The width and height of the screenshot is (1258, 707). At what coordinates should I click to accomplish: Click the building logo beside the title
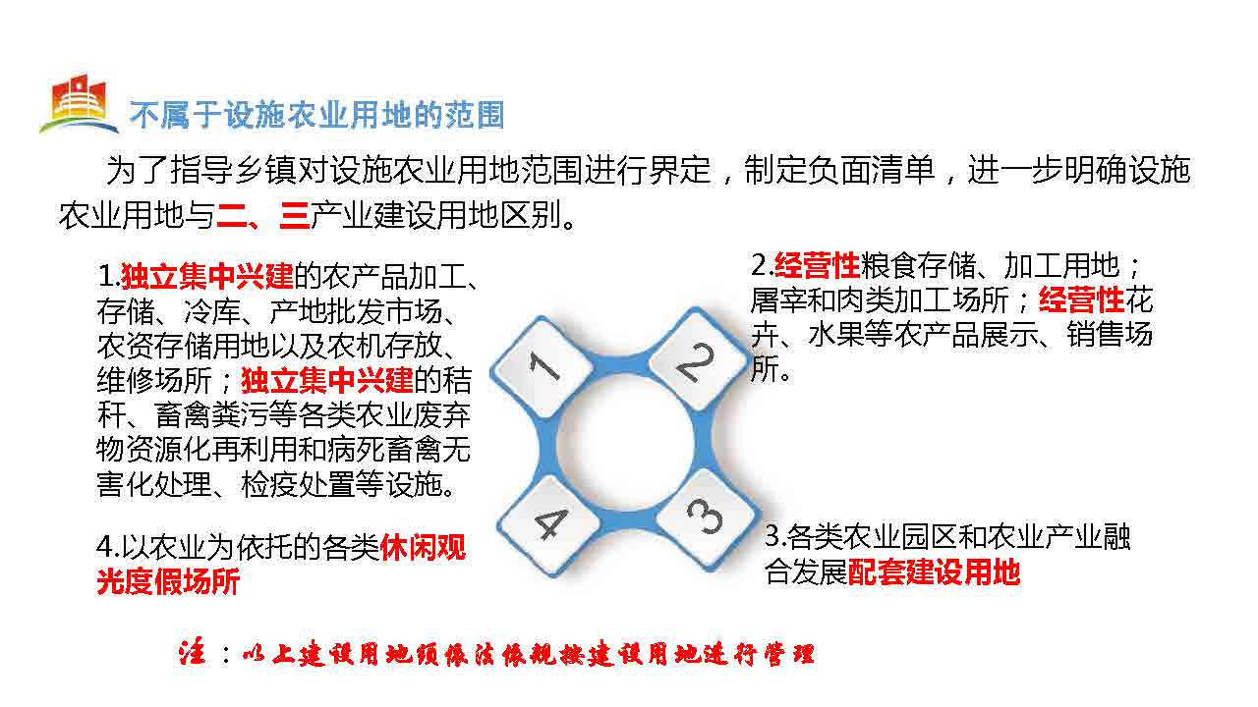click(x=79, y=105)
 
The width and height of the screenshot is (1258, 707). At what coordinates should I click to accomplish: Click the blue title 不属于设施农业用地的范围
click(x=316, y=115)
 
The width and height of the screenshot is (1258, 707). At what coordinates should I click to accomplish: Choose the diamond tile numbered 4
click(x=549, y=524)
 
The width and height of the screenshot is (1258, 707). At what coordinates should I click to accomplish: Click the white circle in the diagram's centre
click(x=625, y=443)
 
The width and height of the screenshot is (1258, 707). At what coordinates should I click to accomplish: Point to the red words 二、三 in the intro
click(x=262, y=215)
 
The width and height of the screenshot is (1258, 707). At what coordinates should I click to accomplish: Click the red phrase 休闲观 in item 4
click(x=423, y=547)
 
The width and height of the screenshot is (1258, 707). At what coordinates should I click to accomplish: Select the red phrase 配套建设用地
click(x=934, y=571)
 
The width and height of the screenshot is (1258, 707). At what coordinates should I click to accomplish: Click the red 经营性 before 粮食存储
click(x=817, y=265)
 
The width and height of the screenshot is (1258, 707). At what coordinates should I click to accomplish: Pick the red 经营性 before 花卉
click(x=1081, y=299)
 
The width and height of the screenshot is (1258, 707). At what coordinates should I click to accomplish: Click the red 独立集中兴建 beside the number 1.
click(x=207, y=276)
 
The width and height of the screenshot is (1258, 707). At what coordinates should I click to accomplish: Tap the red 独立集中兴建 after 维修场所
click(x=327, y=380)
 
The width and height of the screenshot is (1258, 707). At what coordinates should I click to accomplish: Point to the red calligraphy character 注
click(x=192, y=654)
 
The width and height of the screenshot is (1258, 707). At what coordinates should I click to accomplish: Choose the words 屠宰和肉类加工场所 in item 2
click(x=880, y=299)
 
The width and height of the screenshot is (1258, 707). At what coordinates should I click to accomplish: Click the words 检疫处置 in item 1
click(x=298, y=485)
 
